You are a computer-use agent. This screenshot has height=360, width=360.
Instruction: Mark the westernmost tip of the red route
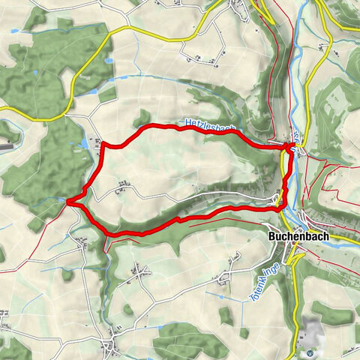pyautogui.click(x=67, y=201)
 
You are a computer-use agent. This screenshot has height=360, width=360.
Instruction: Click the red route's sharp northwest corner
pyautogui.click(x=102, y=142)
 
